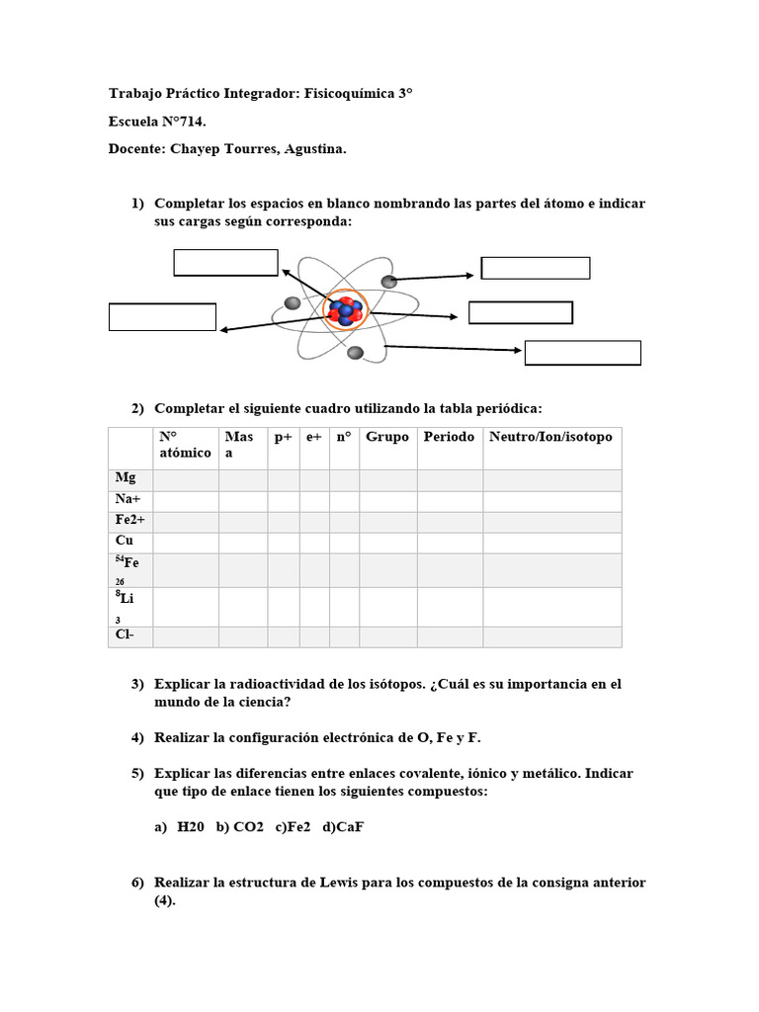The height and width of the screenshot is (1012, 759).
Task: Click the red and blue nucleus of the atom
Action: pos(345,311)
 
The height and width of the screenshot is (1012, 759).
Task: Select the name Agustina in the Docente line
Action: pos(313,149)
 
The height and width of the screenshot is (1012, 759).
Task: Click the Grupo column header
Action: pos(387,437)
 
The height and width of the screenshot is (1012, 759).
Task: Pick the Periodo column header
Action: pos(449,437)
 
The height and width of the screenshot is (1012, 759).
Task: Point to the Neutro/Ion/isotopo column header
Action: pos(550,437)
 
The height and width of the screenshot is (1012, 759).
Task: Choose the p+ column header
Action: pos(284,437)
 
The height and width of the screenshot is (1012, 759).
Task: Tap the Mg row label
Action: pos(125,478)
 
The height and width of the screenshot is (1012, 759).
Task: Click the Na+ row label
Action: pos(128,500)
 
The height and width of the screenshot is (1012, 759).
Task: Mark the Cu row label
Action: pos(125,542)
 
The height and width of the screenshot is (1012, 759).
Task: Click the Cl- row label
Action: pos(126,636)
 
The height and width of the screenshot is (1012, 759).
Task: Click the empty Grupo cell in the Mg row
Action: pos(387,478)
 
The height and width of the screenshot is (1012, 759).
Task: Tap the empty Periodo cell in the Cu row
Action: pos(449,542)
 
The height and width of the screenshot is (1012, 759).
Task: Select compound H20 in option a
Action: pos(191,826)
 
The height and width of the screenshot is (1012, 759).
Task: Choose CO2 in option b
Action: pos(248,826)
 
